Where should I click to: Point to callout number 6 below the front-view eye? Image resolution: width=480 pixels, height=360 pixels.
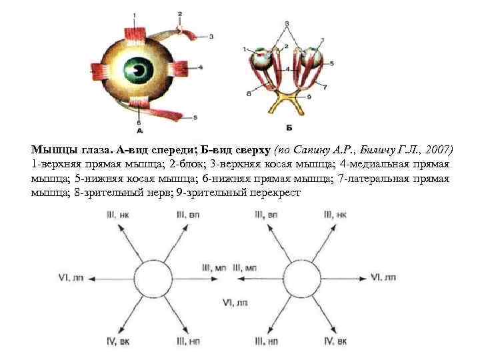click(x=138, y=123)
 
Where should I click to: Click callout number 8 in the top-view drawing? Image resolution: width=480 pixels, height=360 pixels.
click(x=248, y=95)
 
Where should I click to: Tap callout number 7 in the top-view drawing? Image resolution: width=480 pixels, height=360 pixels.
click(x=324, y=86)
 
